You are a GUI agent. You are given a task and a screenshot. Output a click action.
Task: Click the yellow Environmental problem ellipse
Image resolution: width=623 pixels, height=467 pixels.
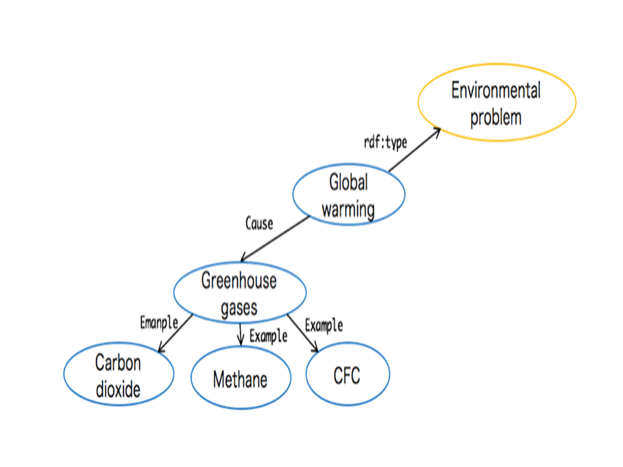pos(496,102)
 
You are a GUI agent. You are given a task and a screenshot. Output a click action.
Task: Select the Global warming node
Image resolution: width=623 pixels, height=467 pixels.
pos(348,195)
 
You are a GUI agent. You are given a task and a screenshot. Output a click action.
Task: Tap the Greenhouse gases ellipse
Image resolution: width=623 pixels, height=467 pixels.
pos(239,293)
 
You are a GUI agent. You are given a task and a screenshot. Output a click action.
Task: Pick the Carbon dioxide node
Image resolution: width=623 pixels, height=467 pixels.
pos(119,375)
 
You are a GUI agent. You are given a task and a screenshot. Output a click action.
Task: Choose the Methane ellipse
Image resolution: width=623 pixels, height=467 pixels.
pos(240,379)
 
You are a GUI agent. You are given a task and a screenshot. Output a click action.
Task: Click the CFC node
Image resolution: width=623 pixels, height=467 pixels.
pos(347,375)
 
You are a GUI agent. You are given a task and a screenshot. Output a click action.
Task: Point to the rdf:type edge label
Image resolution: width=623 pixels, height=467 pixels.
pos(385,143)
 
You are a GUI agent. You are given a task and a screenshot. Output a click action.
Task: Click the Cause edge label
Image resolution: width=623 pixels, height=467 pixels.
pos(259,224)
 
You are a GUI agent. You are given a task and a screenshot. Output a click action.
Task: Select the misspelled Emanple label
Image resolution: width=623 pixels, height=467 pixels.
pos(158,322)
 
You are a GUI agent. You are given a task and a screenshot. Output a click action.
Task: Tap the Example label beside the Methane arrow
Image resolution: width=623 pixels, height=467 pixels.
pos(268,336)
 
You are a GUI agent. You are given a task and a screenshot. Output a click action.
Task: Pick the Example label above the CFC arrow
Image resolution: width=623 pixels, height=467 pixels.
pos(324,324)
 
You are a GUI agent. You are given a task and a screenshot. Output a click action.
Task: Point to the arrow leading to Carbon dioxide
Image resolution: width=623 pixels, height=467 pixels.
pos(175,334)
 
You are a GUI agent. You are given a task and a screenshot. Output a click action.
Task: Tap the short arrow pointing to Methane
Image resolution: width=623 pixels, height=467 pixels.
pos(241,333)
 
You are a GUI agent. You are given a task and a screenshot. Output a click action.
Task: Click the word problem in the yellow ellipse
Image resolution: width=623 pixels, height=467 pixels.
pos(496,117)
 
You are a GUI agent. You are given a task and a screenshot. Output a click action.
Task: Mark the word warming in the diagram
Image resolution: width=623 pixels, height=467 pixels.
pos(348,210)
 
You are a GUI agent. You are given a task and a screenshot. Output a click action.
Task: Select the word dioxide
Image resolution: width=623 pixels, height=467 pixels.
pos(118,390)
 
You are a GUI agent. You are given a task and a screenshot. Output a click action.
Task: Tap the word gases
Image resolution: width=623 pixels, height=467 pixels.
pos(239,307)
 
